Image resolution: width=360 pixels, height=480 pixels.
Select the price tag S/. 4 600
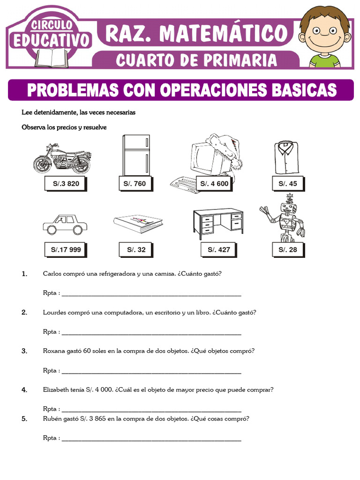[214, 184]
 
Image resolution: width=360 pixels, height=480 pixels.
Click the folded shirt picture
[285, 157]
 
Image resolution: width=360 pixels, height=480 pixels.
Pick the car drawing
[65, 225]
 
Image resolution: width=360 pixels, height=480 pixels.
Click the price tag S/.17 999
[66, 250]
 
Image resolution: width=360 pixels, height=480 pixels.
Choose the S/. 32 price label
[136, 250]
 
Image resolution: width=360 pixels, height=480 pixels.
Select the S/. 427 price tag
[219, 250]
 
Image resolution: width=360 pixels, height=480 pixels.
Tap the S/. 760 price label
[135, 184]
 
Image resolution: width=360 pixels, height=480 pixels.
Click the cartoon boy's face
[324, 33]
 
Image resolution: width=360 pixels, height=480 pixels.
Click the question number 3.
[24, 351]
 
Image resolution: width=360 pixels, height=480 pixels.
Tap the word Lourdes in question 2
[53, 313]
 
